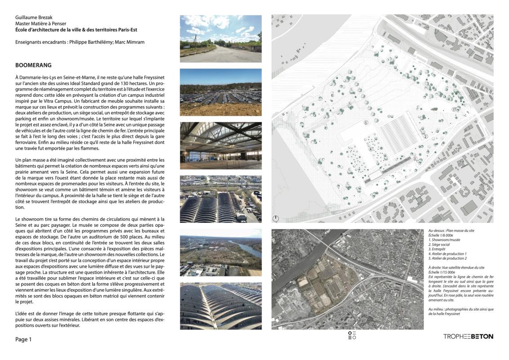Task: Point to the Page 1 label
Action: [x=23, y=340]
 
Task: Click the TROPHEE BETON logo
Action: [x=468, y=336]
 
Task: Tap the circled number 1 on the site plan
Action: [x=454, y=109]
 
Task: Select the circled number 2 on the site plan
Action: [x=425, y=136]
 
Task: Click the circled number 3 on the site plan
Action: [x=415, y=159]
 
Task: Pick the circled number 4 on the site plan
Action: [x=371, y=149]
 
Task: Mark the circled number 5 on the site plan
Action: [x=366, y=122]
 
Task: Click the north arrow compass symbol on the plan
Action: [x=276, y=219]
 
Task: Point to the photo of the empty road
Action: [x=220, y=39]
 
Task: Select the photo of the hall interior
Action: [x=220, y=145]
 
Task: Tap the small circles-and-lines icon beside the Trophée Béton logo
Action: [x=352, y=336]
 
